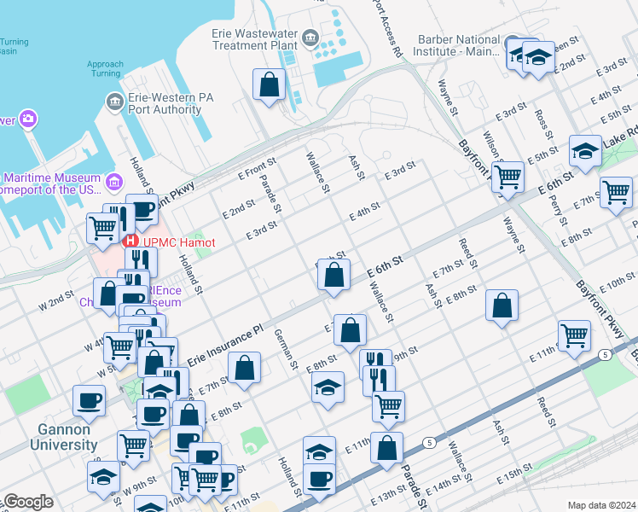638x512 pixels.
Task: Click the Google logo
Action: click(x=28, y=502)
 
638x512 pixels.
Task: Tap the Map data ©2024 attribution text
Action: click(x=600, y=504)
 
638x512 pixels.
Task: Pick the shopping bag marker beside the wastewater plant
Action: click(x=269, y=85)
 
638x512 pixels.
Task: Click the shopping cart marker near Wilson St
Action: click(x=507, y=178)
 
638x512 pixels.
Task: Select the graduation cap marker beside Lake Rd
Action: click(x=585, y=152)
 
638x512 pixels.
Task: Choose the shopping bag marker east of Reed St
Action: click(x=502, y=305)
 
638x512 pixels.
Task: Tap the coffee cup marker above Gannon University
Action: click(x=89, y=400)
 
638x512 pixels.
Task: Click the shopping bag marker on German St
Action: click(x=244, y=369)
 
